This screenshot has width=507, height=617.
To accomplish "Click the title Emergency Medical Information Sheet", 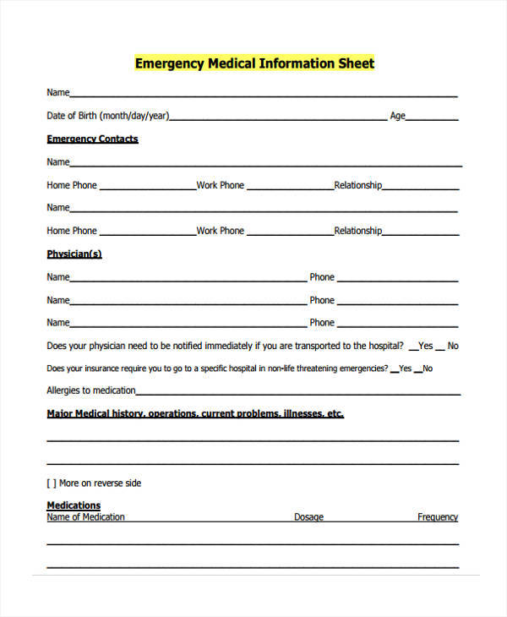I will point(254,63).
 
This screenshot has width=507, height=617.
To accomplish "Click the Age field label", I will point(397,116).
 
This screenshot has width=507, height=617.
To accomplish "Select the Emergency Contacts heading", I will point(92,139).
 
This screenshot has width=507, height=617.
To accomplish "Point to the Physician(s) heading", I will point(74,254).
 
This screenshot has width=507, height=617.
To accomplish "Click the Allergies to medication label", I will point(90,390).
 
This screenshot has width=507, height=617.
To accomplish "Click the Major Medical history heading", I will point(195,414).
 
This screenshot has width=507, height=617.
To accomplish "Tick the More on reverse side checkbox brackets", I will point(51,483).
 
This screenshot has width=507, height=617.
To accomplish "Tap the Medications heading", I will point(74,505).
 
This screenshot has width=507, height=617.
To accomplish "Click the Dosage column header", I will point(308,517).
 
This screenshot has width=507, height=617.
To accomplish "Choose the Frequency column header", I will point(438,517).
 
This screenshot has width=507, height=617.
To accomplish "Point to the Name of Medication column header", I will point(85,517).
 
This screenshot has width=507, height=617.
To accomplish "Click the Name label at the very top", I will point(57,93).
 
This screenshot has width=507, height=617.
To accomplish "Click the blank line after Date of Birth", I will point(279,118).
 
